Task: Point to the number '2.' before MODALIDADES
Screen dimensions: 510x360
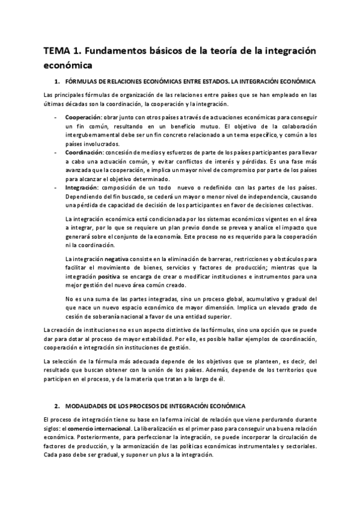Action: (x=57, y=407)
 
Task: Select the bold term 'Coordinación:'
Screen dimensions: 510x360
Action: (x=84, y=153)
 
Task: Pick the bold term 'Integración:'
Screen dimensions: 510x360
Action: (x=82, y=188)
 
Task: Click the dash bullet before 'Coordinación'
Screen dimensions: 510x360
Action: (x=55, y=153)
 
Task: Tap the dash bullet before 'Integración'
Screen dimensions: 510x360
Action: (x=55, y=188)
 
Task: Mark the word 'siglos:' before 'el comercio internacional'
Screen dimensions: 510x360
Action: (x=54, y=427)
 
